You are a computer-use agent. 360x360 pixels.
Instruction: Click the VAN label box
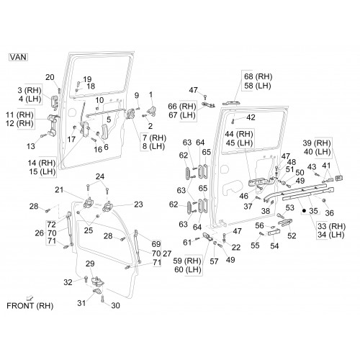click(x=18, y=57)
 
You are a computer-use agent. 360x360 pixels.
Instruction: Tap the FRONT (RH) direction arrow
click(x=30, y=298)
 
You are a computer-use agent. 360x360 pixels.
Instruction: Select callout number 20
click(x=50, y=77)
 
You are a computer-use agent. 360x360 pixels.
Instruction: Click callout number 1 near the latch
click(x=150, y=94)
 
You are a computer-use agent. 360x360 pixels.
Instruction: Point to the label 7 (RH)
click(x=154, y=138)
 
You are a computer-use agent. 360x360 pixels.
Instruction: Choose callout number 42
click(x=251, y=117)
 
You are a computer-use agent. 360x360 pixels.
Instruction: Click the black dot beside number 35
click(x=304, y=211)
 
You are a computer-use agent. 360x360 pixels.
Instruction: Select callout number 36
click(x=329, y=212)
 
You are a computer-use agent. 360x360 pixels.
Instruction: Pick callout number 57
click(x=214, y=261)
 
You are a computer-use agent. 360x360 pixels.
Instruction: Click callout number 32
click(x=68, y=282)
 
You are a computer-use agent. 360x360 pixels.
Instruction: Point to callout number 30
click(x=115, y=305)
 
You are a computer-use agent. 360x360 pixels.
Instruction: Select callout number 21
click(x=59, y=190)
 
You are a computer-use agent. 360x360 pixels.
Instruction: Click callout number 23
click(x=138, y=204)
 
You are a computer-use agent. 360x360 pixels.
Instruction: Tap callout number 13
click(x=31, y=146)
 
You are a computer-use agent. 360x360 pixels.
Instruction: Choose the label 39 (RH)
click(x=317, y=143)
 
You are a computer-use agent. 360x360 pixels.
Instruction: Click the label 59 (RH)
click(x=187, y=261)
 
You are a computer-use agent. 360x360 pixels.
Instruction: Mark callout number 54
click(x=274, y=246)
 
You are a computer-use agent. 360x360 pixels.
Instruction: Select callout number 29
click(x=90, y=264)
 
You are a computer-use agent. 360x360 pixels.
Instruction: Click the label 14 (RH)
click(x=42, y=163)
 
